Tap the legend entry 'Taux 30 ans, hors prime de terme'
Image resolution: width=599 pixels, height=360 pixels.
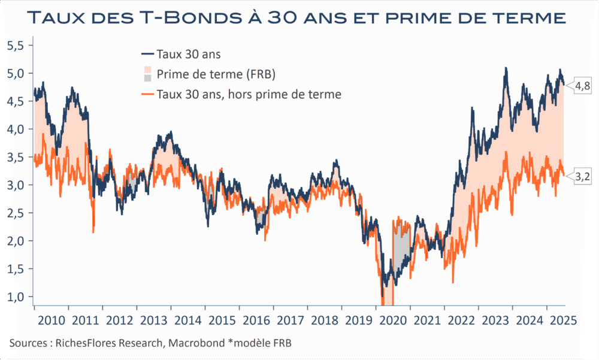coord(249,93)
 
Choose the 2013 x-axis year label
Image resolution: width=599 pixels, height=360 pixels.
coord(153,319)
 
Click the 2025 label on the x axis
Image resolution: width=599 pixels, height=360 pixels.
coord(563,319)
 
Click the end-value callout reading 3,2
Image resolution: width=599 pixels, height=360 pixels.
coord(583,177)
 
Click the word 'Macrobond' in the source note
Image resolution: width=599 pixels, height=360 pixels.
coord(199,343)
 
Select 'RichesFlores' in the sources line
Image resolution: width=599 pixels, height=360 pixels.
coord(86,343)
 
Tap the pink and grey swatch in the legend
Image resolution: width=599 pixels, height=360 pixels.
coord(147,74)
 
